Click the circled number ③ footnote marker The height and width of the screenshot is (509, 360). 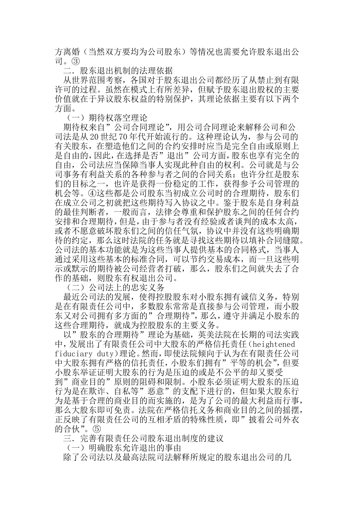pos(76,60)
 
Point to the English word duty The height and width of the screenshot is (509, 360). pos(107,353)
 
